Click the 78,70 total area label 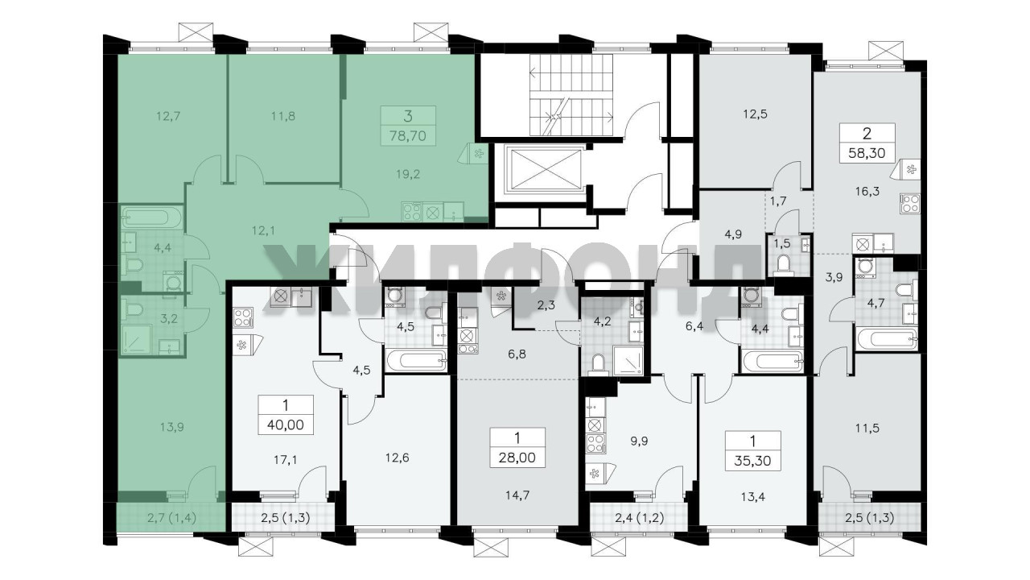pyautogui.click(x=407, y=136)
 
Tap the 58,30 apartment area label pyautogui.click(x=867, y=153)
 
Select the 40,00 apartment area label pyautogui.click(x=285, y=425)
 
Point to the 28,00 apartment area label pyautogui.click(x=517, y=458)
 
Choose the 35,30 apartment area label pyautogui.click(x=752, y=460)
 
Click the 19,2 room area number pyautogui.click(x=408, y=174)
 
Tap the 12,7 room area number pyautogui.click(x=168, y=116)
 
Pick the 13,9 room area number pyautogui.click(x=172, y=427)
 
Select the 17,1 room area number pyautogui.click(x=285, y=459)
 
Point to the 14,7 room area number pyautogui.click(x=517, y=495)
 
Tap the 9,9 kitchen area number pyautogui.click(x=639, y=441)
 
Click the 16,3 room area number pyautogui.click(x=867, y=192)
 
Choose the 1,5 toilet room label pyautogui.click(x=781, y=243)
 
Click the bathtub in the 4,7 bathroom pyautogui.click(x=886, y=339)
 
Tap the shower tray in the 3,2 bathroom pyautogui.click(x=137, y=340)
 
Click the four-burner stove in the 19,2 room pyautogui.click(x=411, y=212)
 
